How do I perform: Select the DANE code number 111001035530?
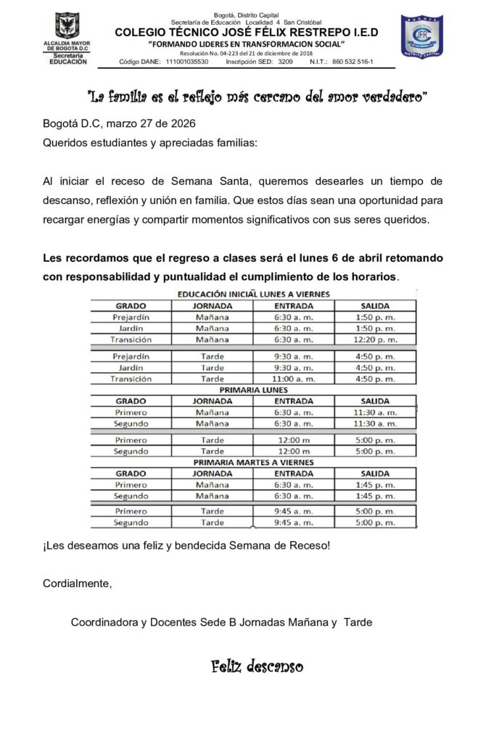[187, 62]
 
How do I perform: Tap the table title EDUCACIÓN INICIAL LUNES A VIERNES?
[254, 294]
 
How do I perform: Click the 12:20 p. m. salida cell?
[376, 339]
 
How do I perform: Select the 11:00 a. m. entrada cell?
[294, 379]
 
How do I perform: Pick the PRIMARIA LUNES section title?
[254, 390]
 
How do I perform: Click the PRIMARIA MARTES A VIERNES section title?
[254, 462]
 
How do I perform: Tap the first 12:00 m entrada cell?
[294, 440]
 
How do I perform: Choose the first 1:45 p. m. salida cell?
[376, 485]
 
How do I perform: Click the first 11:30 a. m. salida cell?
[376, 412]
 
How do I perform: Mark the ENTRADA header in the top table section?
[294, 305]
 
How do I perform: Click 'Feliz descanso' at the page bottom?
[258, 666]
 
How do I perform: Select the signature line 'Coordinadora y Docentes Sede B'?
[221, 622]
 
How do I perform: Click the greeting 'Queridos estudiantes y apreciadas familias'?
[149, 143]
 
